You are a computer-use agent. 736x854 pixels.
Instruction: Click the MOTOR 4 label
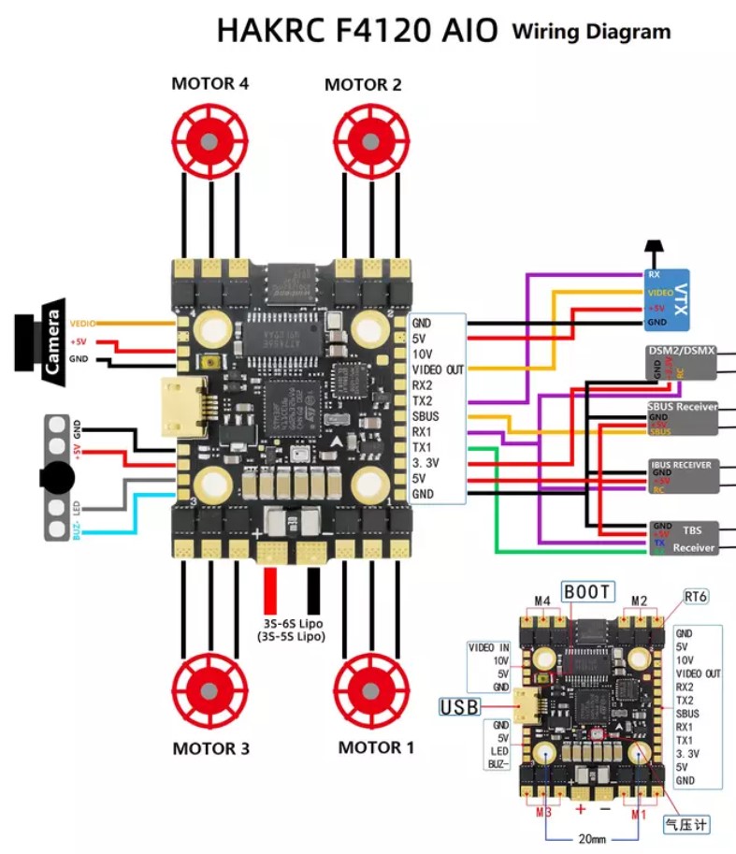(209, 83)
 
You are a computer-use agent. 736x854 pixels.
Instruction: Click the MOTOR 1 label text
(375, 747)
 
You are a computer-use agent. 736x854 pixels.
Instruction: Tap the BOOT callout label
(587, 591)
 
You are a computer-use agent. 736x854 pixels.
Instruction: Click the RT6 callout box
(695, 596)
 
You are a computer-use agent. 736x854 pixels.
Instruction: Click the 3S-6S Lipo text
(293, 622)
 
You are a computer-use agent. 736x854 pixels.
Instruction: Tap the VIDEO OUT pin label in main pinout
(438, 369)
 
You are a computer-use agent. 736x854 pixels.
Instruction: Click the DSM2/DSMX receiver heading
(681, 351)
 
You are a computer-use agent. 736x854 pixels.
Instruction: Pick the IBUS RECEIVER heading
(681, 464)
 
